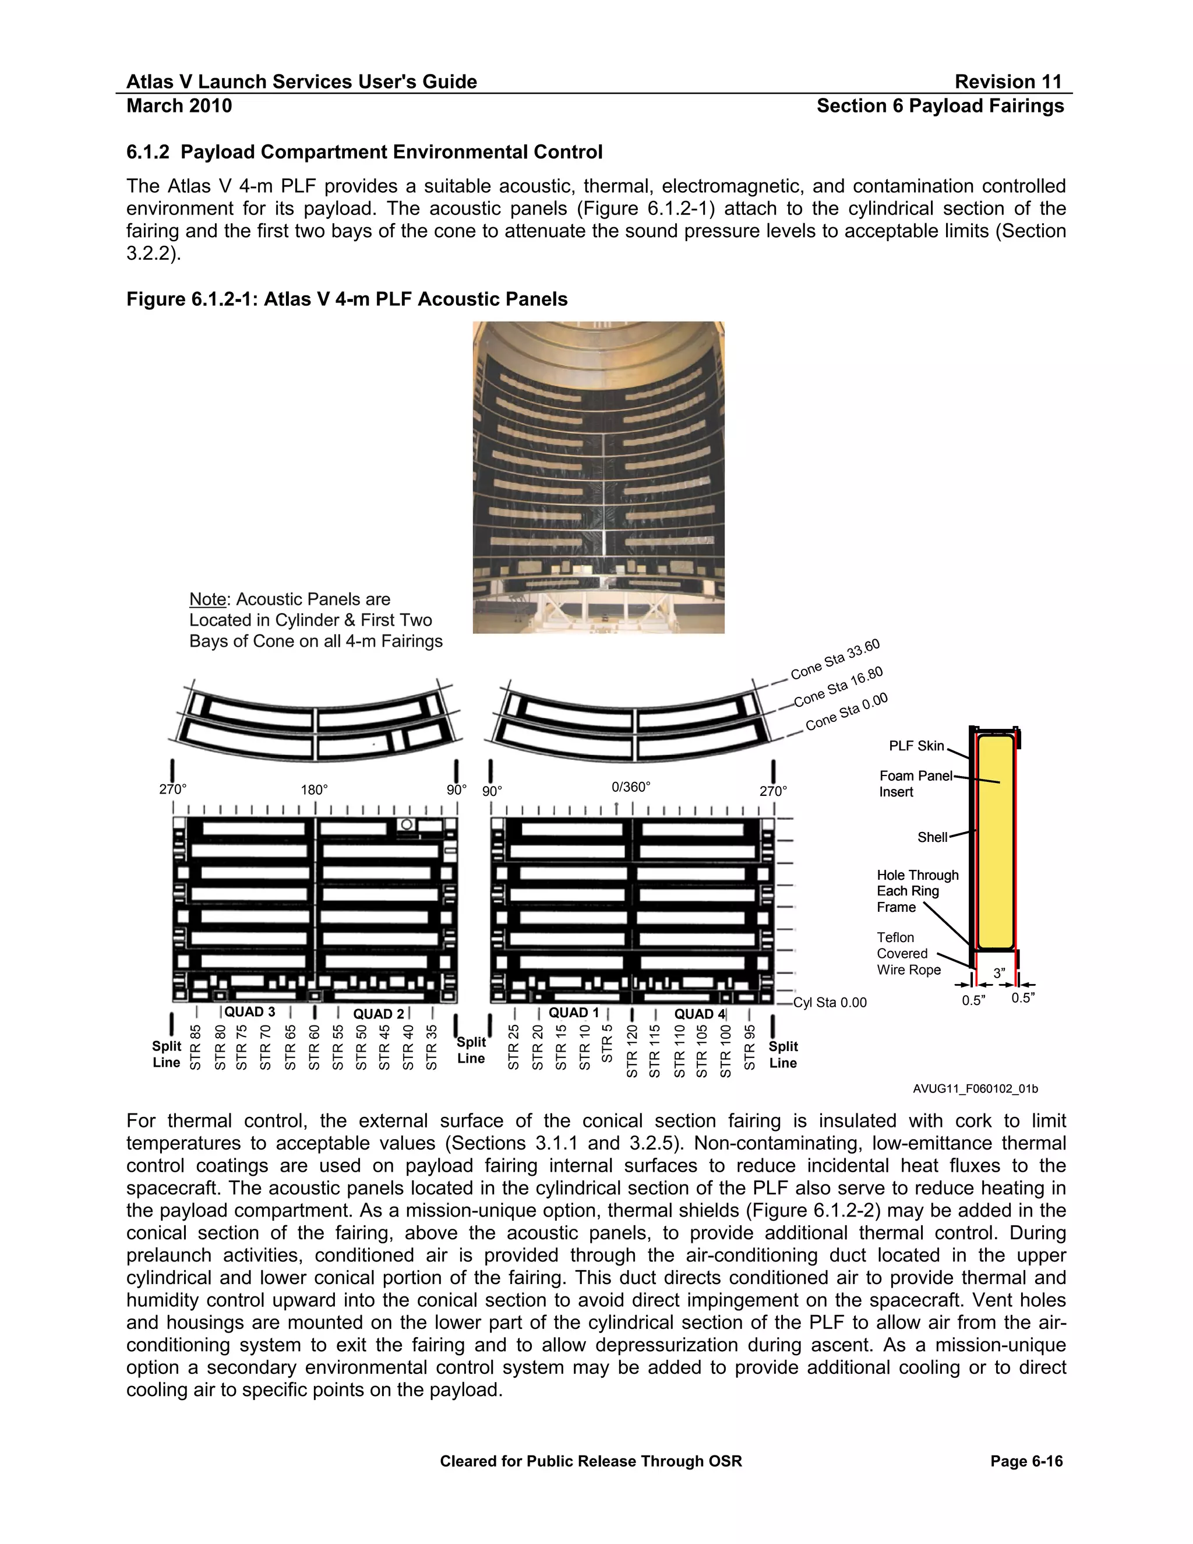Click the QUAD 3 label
point(249,1011)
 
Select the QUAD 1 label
point(573,1013)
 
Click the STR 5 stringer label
point(607,1044)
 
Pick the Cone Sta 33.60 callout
point(835,659)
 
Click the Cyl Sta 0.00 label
point(830,1003)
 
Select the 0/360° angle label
point(630,787)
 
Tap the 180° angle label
point(315,789)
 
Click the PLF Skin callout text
point(916,746)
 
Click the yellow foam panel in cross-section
point(996,841)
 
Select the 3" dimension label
point(998,973)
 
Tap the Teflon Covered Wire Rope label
point(908,954)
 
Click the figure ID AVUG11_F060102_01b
point(975,1089)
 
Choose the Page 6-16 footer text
point(1026,1461)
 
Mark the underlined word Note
point(207,600)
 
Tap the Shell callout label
point(931,837)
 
